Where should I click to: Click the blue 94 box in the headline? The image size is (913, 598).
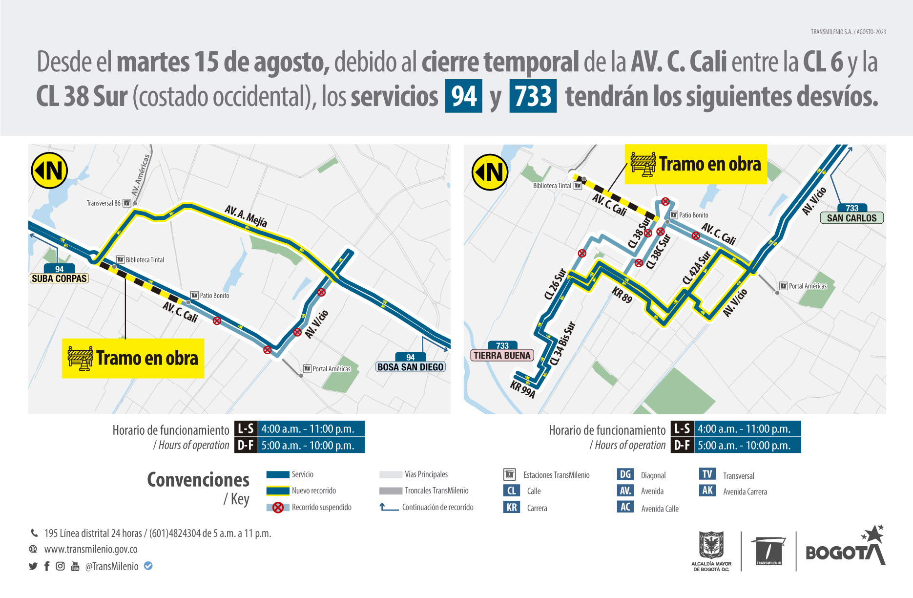click(x=463, y=96)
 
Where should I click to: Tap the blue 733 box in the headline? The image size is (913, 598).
click(x=533, y=96)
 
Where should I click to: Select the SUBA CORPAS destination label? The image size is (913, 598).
click(x=59, y=278)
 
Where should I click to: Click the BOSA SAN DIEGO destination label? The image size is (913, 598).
click(x=410, y=367)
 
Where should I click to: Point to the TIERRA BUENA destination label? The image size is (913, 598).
click(x=502, y=355)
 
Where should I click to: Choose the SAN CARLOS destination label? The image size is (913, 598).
click(x=851, y=218)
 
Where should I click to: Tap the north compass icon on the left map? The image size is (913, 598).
click(x=49, y=171)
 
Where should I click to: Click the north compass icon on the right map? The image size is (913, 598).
click(x=490, y=172)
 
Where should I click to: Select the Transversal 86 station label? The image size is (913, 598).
click(x=104, y=203)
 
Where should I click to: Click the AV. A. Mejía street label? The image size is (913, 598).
click(x=246, y=216)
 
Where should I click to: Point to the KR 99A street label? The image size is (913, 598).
click(x=523, y=389)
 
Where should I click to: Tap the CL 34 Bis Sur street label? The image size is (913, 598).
click(x=562, y=343)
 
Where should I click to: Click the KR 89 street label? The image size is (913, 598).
click(x=622, y=295)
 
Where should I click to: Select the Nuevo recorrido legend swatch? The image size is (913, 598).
click(x=278, y=491)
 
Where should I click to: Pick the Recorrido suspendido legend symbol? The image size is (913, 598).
click(x=278, y=507)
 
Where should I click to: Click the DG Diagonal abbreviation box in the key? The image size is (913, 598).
click(x=625, y=474)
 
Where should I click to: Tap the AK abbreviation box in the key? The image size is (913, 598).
click(x=707, y=491)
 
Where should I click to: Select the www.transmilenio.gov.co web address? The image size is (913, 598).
click(x=91, y=549)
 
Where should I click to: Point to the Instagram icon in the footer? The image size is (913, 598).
click(x=61, y=566)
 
